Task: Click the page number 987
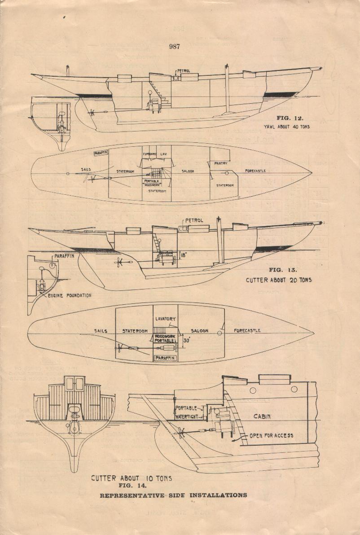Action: click(x=175, y=47)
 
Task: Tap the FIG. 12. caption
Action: click(x=290, y=118)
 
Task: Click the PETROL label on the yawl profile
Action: click(x=184, y=71)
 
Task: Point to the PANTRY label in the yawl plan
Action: click(x=220, y=163)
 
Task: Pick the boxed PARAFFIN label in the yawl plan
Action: click(x=101, y=153)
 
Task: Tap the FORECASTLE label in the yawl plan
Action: click(x=255, y=171)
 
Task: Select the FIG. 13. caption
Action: click(x=283, y=270)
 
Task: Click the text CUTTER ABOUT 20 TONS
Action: click(x=278, y=280)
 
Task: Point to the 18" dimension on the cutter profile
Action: click(x=183, y=254)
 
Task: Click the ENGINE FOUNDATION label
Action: click(x=70, y=295)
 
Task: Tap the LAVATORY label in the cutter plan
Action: click(x=166, y=319)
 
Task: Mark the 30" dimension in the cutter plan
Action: click(x=187, y=340)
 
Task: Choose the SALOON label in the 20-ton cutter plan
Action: click(x=199, y=331)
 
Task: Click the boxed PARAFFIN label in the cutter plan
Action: click(x=165, y=358)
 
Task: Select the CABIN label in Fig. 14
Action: click(x=262, y=416)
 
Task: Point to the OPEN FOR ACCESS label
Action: click(x=271, y=435)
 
